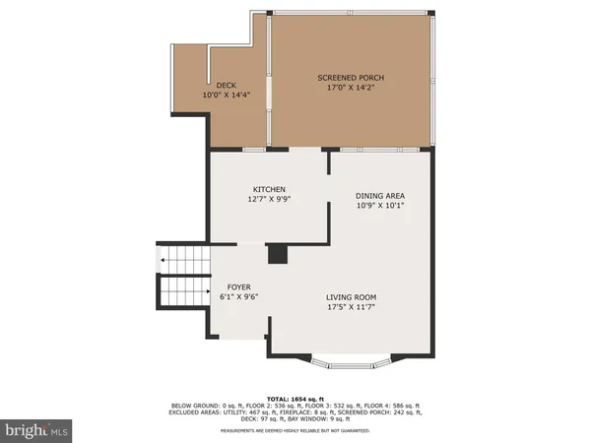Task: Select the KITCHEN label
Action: click(x=269, y=189)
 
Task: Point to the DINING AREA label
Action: click(x=380, y=195)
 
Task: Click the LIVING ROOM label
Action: click(x=352, y=297)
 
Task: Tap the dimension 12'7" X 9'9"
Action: click(x=269, y=199)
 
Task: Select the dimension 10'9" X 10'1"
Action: click(x=380, y=206)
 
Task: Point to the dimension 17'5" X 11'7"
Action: click(x=352, y=307)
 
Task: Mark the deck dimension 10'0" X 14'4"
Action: click(x=226, y=95)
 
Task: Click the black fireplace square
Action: click(x=278, y=254)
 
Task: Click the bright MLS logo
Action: click(x=37, y=430)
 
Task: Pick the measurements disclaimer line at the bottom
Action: click(x=295, y=430)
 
